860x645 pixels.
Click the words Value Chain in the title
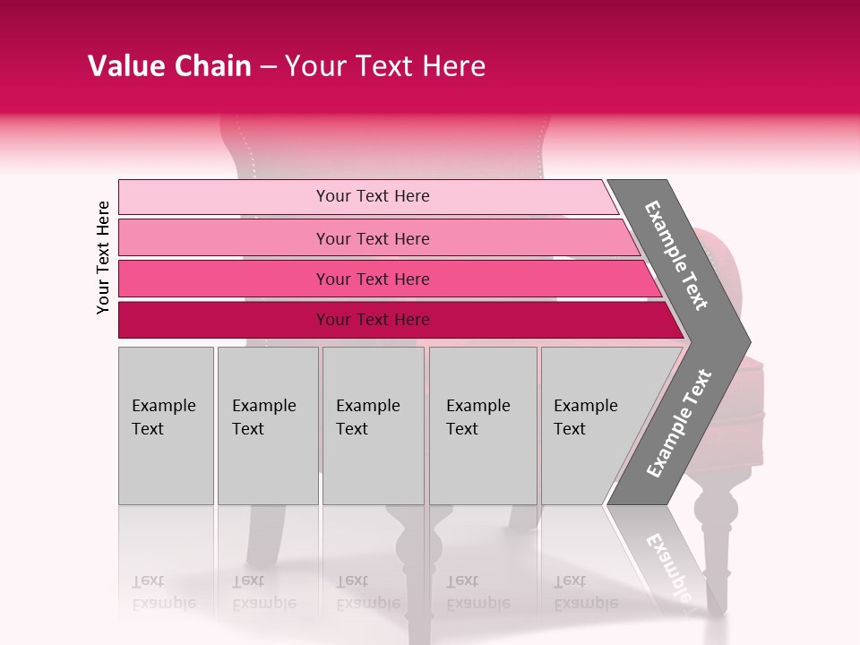[x=169, y=66]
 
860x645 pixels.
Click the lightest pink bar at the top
[x=224, y=197]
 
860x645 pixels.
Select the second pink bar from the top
[x=224, y=238]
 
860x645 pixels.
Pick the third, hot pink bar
[x=224, y=279]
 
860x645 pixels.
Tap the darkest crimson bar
[x=224, y=320]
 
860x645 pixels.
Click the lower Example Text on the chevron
[x=679, y=423]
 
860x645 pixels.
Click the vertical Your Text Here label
[x=104, y=257]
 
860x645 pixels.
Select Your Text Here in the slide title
[x=385, y=66]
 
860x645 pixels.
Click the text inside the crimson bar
[x=373, y=320]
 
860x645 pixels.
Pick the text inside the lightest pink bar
[x=373, y=196]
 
